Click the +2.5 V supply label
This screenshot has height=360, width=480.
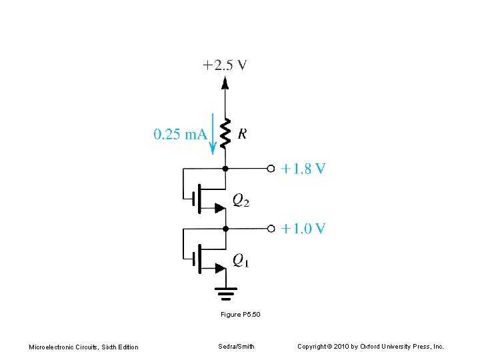(225, 65)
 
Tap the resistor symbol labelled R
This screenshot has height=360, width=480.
(225, 133)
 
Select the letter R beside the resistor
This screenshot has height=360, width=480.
(242, 134)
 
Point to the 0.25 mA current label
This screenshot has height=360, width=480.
(180, 135)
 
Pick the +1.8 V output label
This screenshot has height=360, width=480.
(303, 169)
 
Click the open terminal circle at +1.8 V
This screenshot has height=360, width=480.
(271, 169)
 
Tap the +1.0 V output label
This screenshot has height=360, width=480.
(303, 229)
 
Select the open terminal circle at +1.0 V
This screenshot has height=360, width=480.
(271, 229)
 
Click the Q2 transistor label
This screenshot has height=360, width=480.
(241, 200)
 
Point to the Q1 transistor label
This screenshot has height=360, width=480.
(241, 260)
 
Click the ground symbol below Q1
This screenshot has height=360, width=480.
(225, 292)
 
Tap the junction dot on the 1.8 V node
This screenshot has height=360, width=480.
(225, 169)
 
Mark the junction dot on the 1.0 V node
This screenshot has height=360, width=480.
(225, 229)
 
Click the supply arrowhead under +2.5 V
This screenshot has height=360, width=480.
(225, 83)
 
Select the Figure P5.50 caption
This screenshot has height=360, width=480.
(240, 314)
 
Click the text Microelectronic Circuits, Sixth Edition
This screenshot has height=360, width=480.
(84, 347)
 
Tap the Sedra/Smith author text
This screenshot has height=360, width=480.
(236, 347)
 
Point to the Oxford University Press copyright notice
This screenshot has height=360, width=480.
(371, 347)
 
